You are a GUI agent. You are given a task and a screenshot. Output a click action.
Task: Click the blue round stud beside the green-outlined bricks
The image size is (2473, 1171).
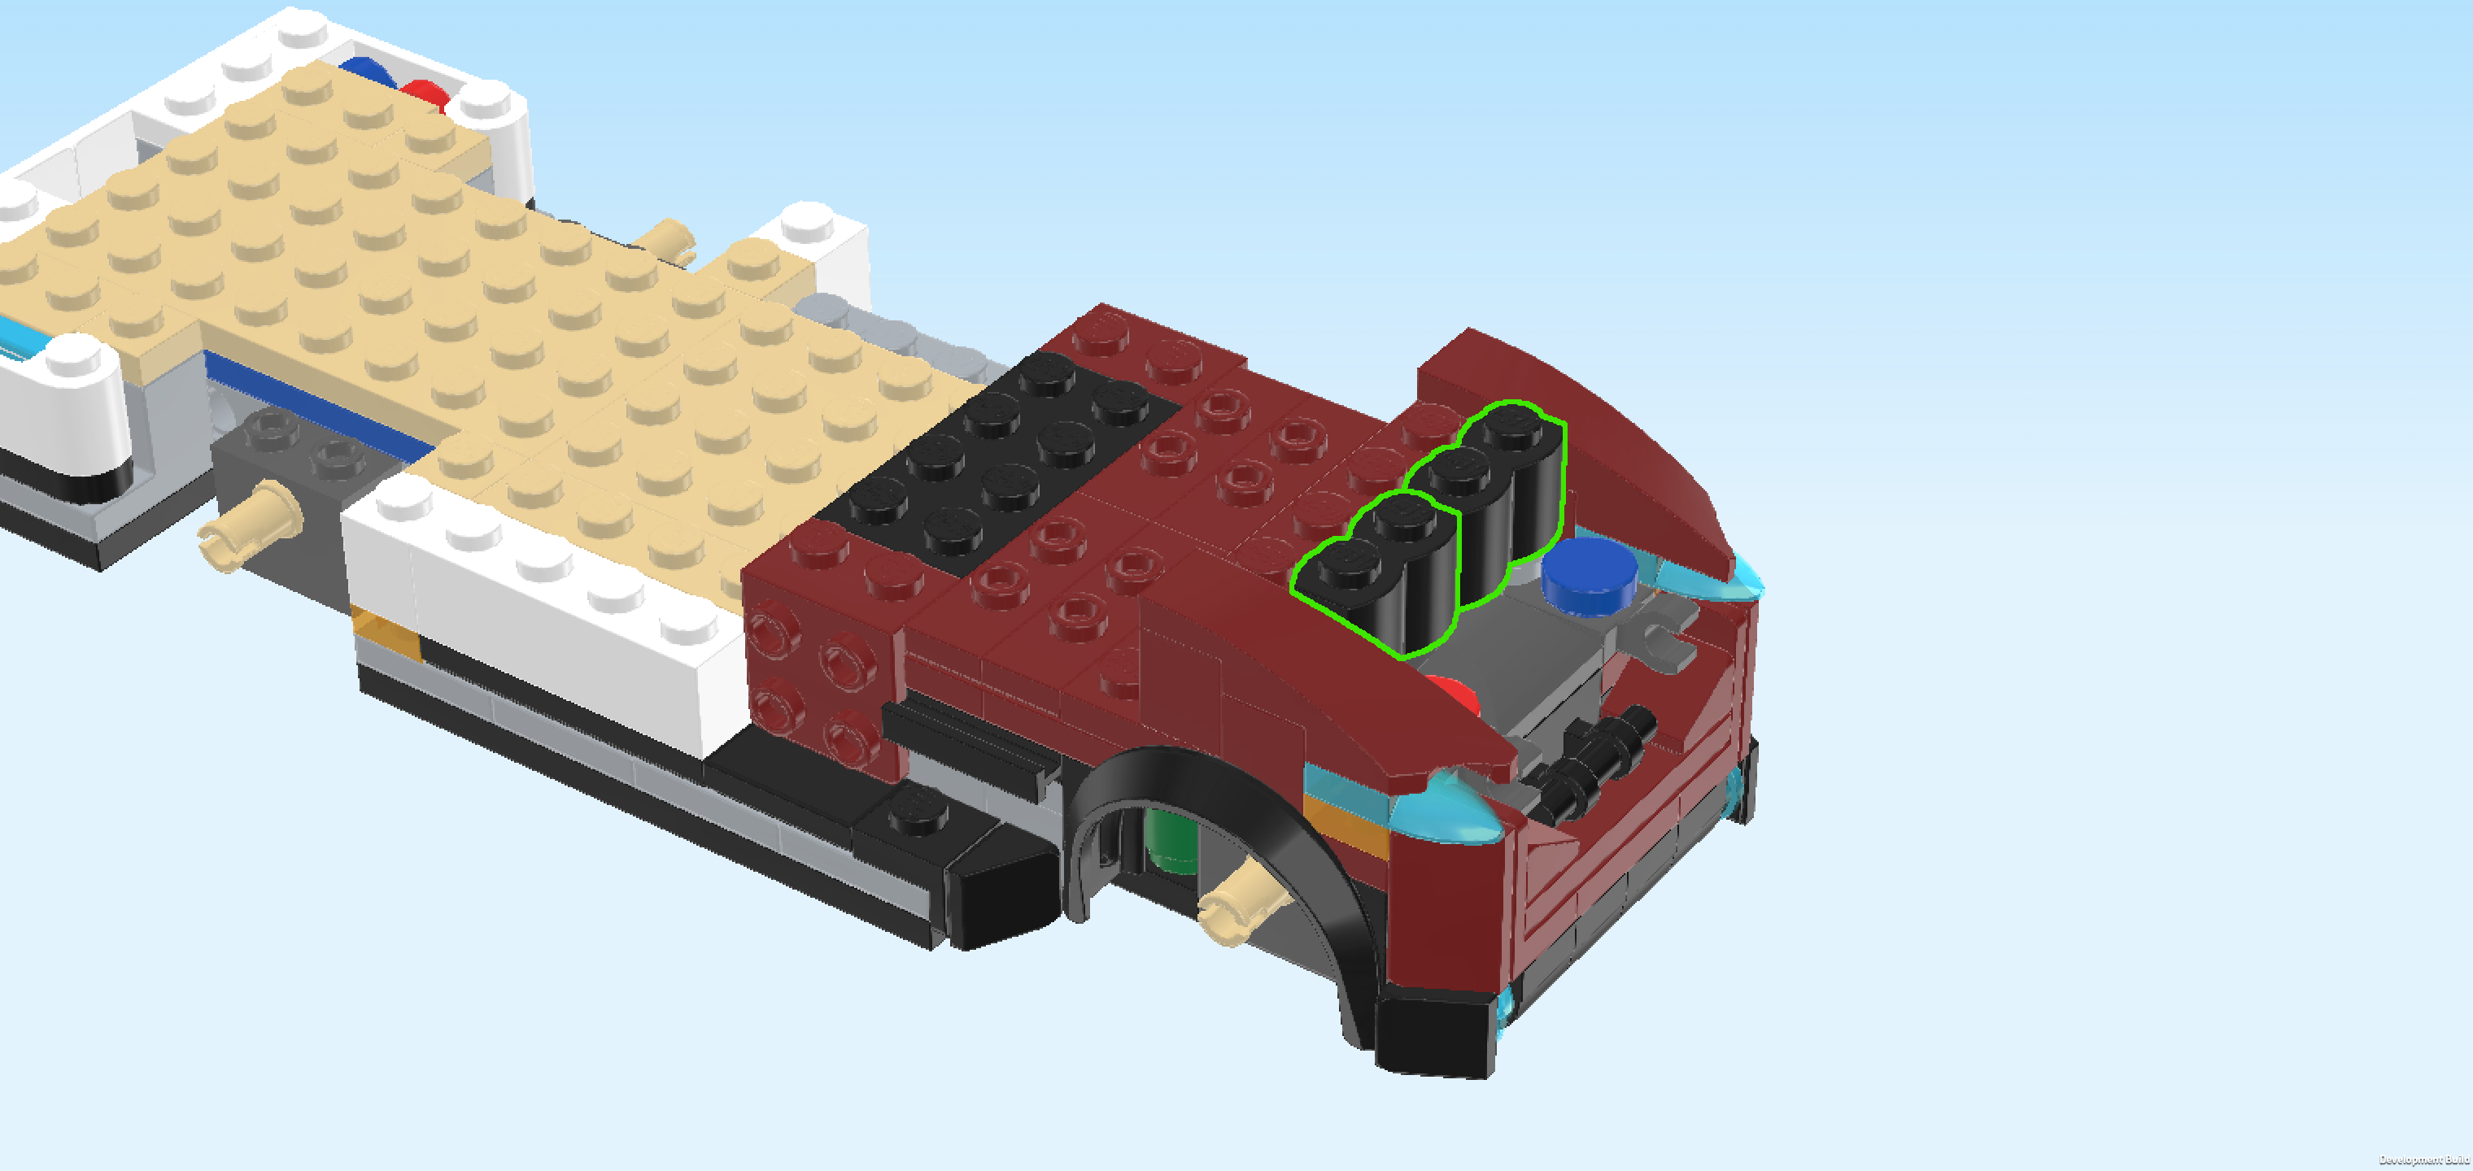1589,574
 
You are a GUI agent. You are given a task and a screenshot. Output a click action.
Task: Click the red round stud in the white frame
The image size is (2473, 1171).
426,95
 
